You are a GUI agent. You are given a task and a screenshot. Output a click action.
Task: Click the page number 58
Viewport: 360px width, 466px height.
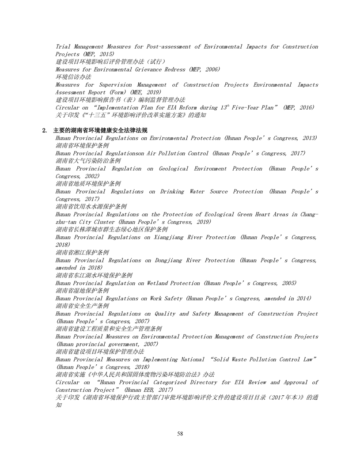pos(180,434)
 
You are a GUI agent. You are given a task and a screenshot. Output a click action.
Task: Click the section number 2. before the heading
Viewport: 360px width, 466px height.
pos(45,131)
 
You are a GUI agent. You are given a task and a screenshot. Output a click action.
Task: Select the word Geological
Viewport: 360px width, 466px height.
pos(176,169)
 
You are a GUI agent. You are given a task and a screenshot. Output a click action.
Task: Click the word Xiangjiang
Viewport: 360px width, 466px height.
pos(177,237)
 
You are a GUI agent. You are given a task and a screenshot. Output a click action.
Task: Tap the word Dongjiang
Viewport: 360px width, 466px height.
pos(174,260)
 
